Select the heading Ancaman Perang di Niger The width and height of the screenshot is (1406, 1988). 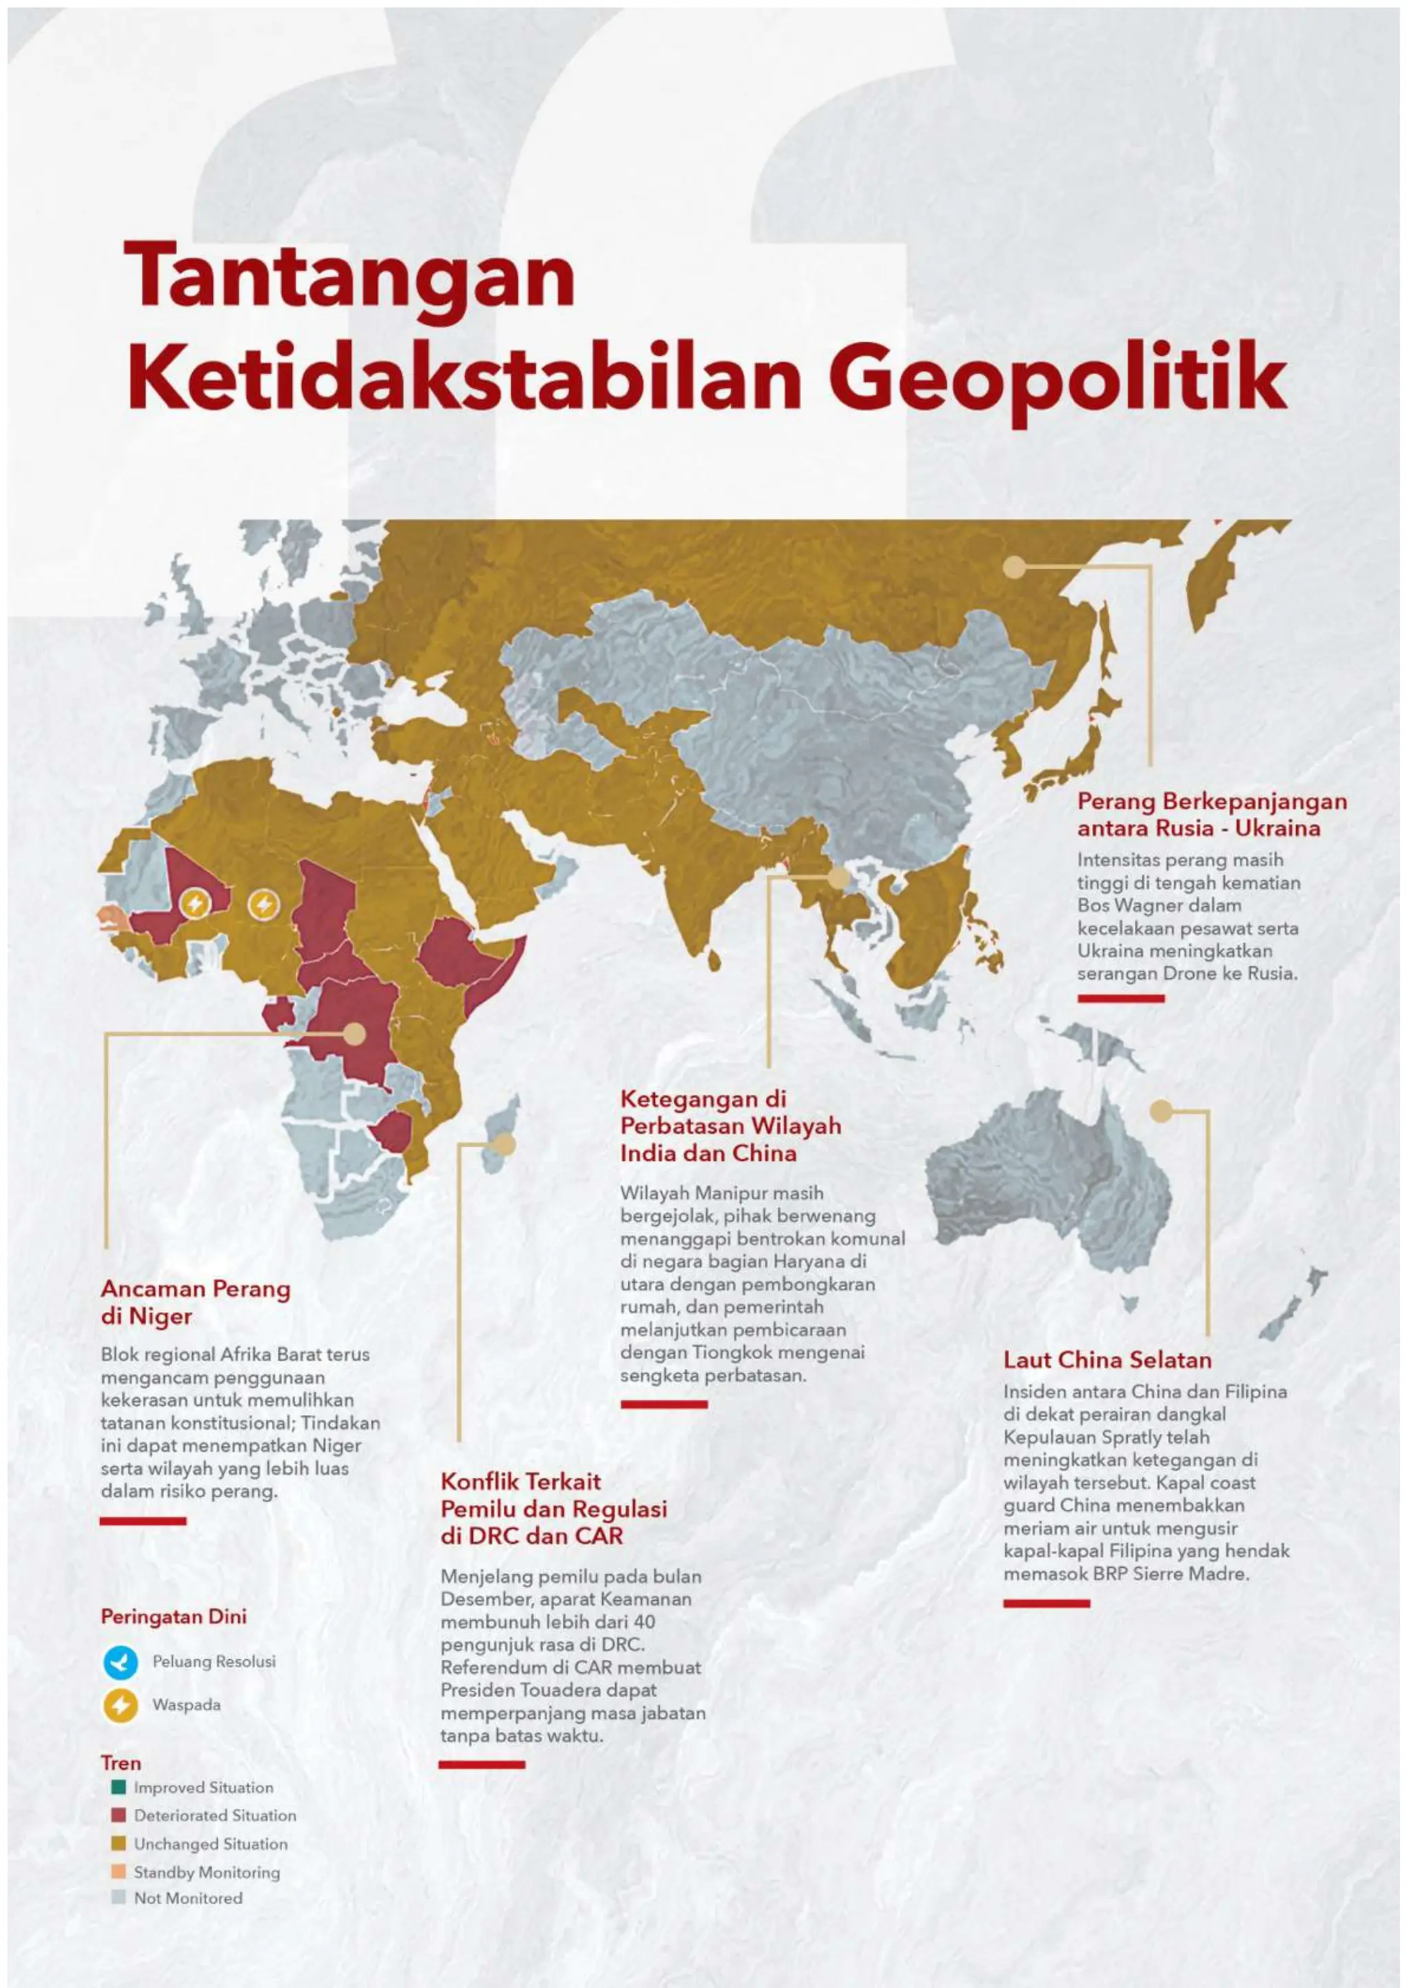[195, 1302]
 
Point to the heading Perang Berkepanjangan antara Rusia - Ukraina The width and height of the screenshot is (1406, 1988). [1211, 814]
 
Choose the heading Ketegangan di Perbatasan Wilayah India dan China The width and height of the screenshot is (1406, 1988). [730, 1126]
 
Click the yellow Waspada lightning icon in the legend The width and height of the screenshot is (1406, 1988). [120, 1706]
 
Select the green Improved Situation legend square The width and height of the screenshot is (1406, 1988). [119, 1787]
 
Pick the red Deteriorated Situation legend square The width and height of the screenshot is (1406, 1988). [119, 1815]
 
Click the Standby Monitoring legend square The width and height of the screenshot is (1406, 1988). [119, 1871]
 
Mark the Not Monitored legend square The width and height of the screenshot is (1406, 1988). [119, 1897]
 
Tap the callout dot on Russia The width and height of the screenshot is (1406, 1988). [1014, 568]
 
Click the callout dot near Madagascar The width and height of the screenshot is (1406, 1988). [505, 1144]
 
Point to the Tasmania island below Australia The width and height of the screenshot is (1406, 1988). [1128, 1302]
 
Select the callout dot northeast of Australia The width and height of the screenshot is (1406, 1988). [1161, 1111]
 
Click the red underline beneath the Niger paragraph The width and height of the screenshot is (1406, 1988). [143, 1521]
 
